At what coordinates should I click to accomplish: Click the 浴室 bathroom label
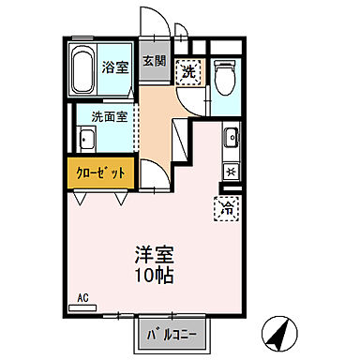[115, 67]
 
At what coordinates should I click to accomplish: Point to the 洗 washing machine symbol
[190, 71]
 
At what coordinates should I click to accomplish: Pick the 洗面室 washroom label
[110, 117]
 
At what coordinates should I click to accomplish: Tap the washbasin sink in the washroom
[84, 140]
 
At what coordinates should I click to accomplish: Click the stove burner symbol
[230, 172]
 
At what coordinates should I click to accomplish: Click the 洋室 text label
[157, 255]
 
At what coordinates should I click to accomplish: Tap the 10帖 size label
[157, 277]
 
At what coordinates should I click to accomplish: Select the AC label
[82, 297]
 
